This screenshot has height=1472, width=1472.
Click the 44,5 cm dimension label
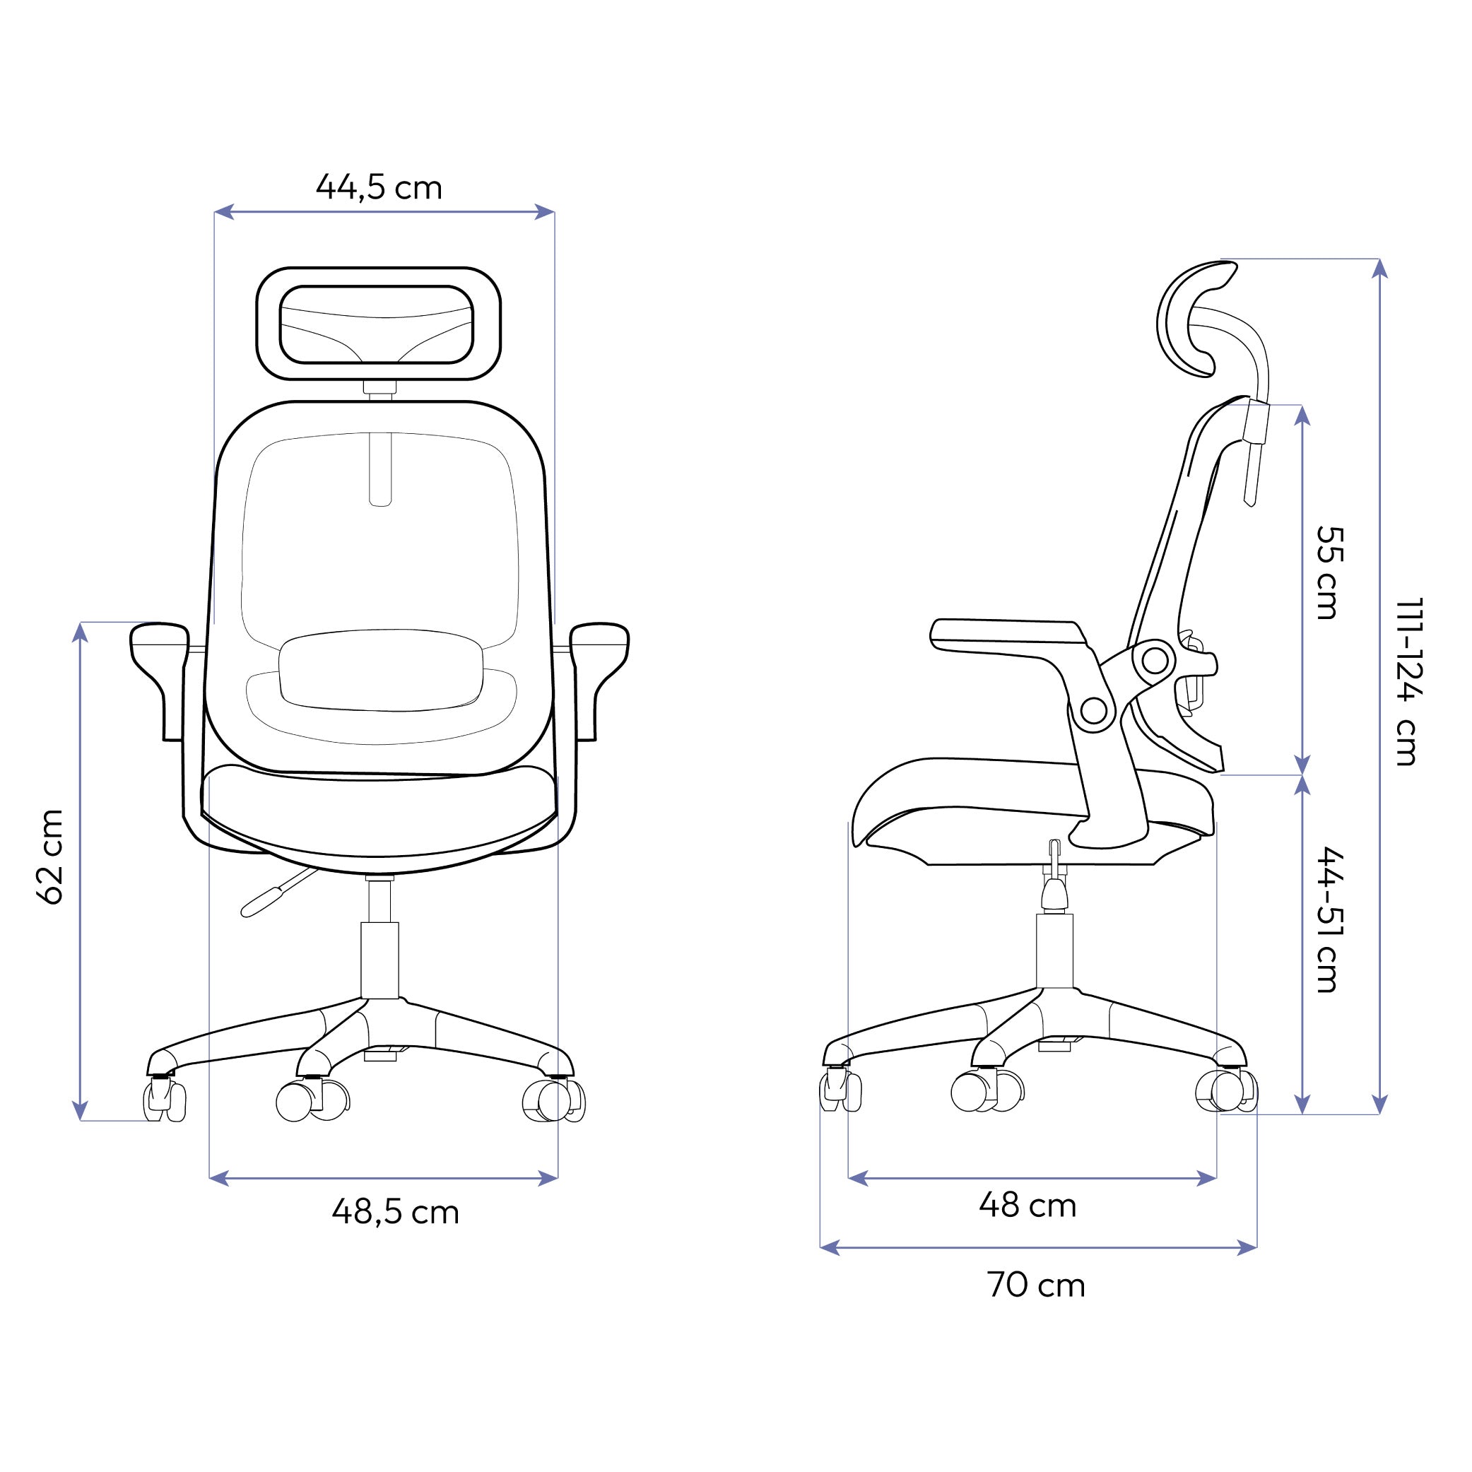[379, 187]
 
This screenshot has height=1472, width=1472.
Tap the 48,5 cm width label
[396, 1212]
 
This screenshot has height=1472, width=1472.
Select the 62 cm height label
[51, 857]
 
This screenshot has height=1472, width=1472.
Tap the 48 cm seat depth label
[1027, 1206]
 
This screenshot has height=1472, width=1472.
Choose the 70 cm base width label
[1036, 1285]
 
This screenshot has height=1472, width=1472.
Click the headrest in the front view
[378, 324]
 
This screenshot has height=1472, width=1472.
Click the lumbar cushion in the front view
[380, 670]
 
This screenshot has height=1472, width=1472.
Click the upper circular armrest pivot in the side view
[1155, 660]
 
